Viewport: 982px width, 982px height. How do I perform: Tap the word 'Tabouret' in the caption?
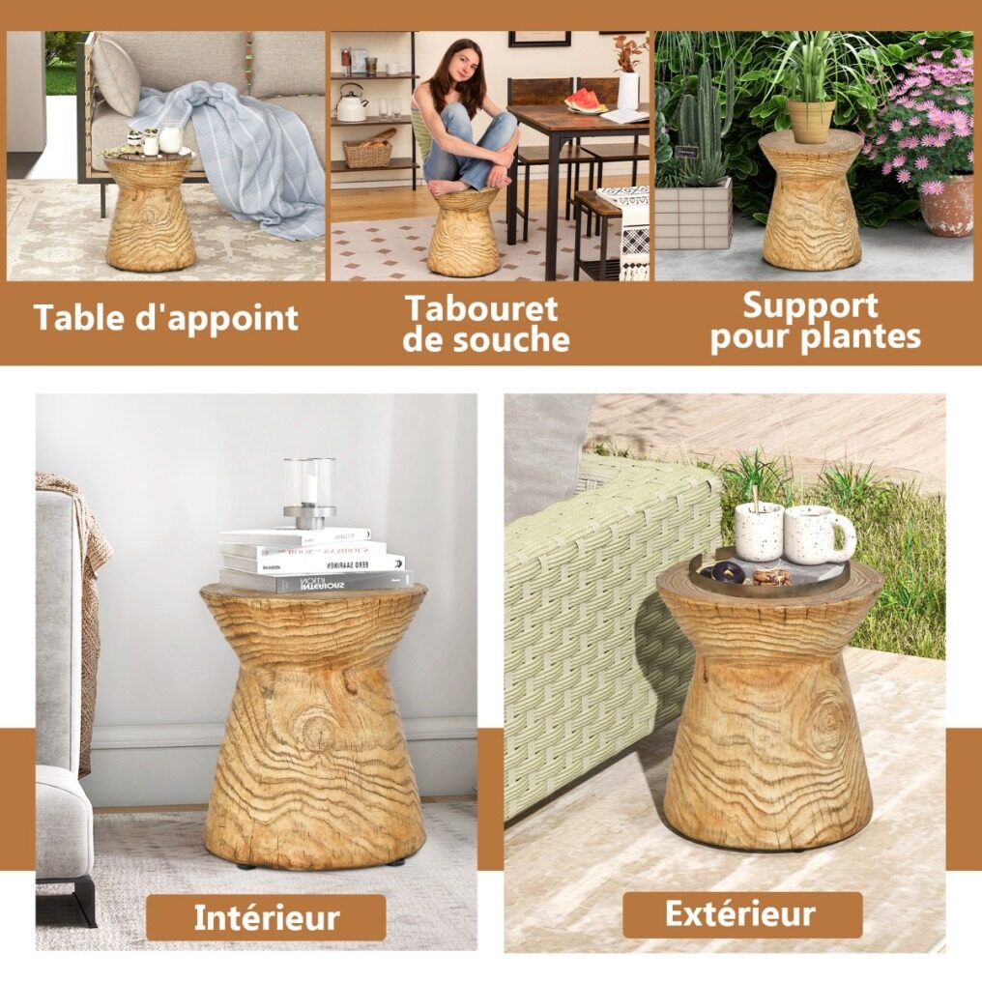[481, 308]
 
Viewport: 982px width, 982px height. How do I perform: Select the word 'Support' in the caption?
[810, 306]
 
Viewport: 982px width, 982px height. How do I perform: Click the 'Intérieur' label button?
[266, 917]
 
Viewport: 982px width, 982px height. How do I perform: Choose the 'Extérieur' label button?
[741, 913]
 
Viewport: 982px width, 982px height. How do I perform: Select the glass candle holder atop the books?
[308, 493]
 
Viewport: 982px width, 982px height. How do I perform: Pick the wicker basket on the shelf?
[367, 152]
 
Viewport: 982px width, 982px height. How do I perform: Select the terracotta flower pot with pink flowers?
[947, 205]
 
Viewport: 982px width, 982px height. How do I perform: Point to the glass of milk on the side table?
[170, 137]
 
